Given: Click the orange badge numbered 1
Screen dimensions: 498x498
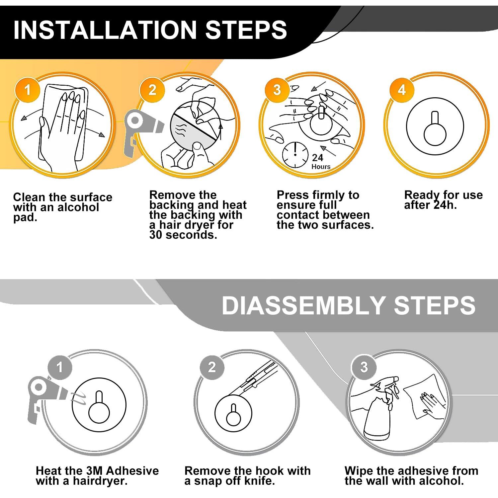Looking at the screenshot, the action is tap(27, 90).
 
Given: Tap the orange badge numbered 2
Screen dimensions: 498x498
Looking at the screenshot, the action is tap(152, 90).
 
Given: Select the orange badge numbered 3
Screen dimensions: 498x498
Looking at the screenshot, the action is tap(277, 90).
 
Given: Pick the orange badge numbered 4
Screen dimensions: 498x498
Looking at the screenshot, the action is tap(402, 90).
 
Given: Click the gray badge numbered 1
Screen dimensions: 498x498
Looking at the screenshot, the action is tap(60, 367).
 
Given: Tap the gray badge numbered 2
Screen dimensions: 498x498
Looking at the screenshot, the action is tap(212, 367).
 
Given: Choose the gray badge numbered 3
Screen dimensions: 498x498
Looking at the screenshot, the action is tap(364, 367).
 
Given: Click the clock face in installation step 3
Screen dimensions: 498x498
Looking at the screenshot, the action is tap(295, 155).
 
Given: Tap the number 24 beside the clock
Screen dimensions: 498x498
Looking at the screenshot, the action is tap(318, 158).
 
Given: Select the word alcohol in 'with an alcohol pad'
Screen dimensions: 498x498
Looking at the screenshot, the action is tap(78, 207).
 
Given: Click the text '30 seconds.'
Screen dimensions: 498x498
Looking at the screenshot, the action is tap(183, 235).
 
